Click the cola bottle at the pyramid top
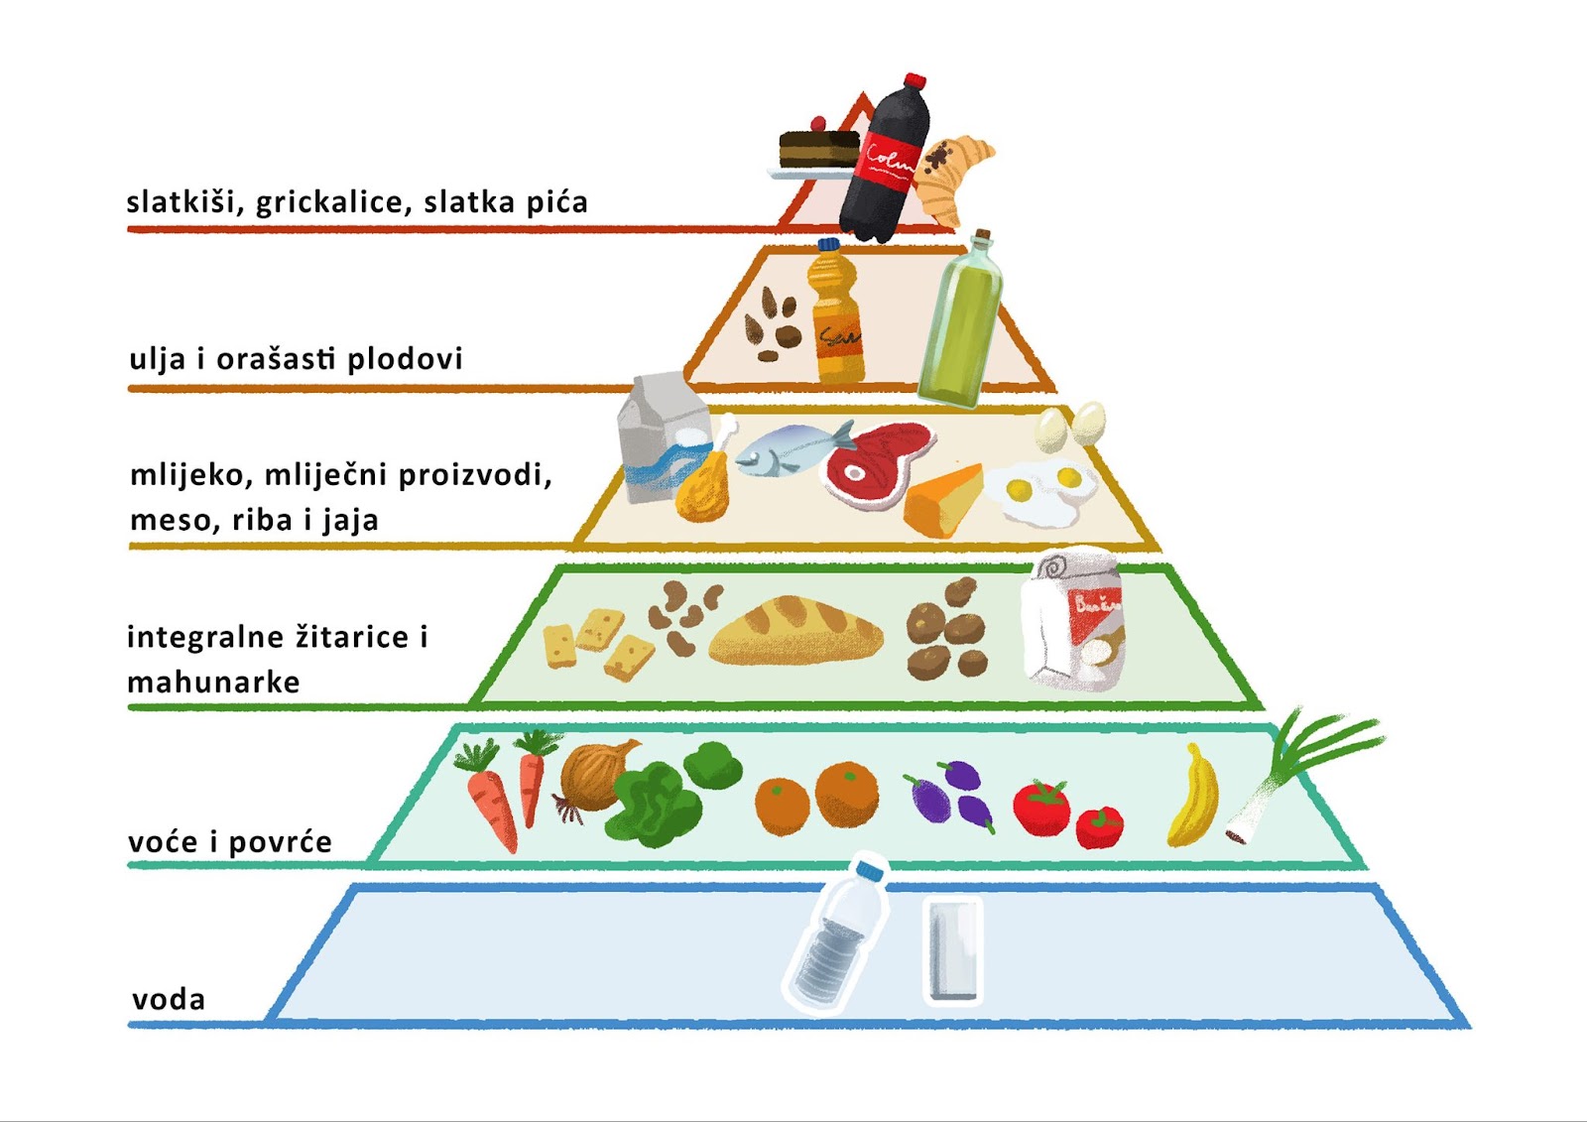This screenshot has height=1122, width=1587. point(886,164)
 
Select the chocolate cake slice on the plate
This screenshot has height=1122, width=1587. point(818,150)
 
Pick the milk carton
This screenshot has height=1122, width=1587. point(660,436)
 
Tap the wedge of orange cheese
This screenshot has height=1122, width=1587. point(942,501)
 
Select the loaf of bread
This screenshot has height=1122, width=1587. point(796,631)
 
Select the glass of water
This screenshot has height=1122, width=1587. point(953,949)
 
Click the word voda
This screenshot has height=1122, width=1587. point(169,999)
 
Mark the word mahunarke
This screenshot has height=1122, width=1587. point(213,683)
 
